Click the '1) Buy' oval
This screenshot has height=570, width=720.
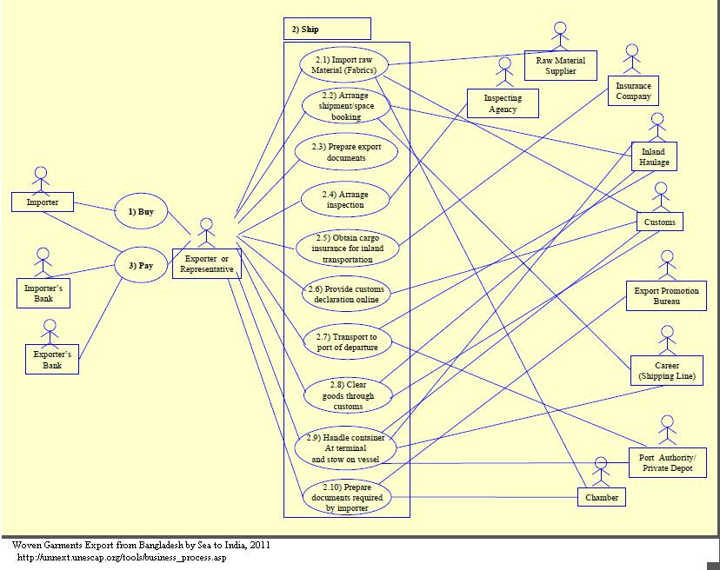coord(141,211)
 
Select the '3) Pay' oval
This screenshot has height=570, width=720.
coord(141,265)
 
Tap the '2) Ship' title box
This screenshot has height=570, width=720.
coord(327,29)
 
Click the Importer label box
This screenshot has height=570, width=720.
coord(43,202)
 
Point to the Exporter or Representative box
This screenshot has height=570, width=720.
coord(206,264)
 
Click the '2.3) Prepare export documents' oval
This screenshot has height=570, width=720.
coord(346,153)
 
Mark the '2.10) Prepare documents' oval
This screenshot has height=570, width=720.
coord(346,498)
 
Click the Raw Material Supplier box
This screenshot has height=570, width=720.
coord(561,65)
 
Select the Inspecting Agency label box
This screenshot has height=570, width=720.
coord(503,103)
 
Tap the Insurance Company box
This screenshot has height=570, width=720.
coord(632,91)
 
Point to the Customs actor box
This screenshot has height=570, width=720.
coord(660,222)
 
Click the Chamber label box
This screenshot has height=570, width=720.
coord(602,497)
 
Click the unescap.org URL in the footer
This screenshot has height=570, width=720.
coord(122,557)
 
